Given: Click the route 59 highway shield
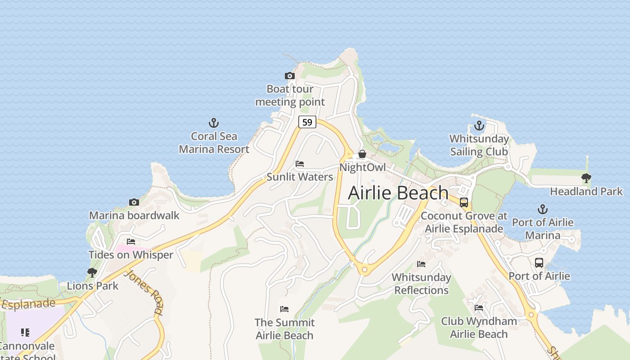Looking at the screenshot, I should point(307,122).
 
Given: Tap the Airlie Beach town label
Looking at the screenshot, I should point(398,193).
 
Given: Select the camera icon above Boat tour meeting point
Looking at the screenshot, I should point(290,76).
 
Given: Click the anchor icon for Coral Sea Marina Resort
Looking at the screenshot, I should point(214,123).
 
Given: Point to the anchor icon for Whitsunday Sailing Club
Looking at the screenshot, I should point(479,126).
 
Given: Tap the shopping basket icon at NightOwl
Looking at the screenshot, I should point(362,154).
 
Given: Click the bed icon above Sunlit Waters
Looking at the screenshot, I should point(300,164).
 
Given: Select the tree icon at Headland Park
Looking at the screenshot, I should point(586,178).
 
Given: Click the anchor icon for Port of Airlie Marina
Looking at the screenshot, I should point(543,209).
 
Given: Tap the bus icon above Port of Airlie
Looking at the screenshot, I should point(539,263).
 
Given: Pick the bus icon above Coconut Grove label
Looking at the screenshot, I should point(464,202).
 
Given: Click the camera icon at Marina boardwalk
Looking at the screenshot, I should point(134,202).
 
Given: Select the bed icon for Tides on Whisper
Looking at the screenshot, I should point(131,242).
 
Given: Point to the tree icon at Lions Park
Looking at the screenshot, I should point(92,273).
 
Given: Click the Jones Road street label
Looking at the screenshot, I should point(144,292).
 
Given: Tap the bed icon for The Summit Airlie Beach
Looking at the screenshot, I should point(284,309).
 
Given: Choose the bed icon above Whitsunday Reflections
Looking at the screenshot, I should point(421,264).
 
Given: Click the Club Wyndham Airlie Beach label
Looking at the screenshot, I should point(479,328).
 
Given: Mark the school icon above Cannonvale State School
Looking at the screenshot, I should point(25,333).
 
